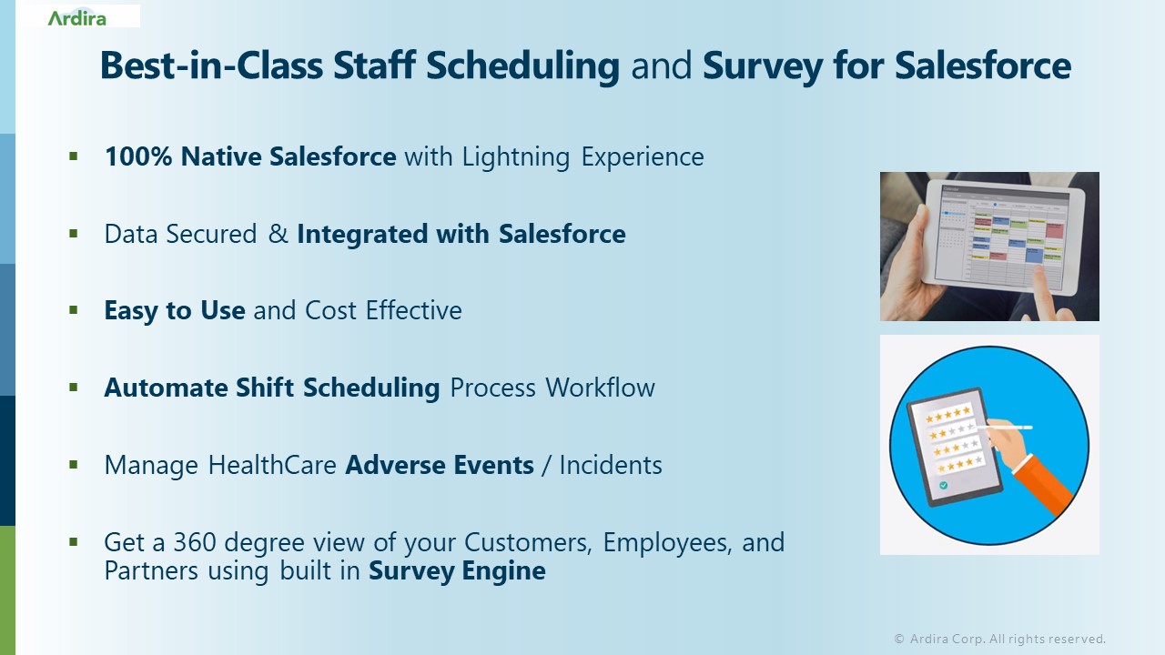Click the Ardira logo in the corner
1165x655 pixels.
pyautogui.click(x=76, y=17)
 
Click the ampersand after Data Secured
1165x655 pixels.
pyautogui.click(x=278, y=234)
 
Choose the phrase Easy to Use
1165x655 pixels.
pyautogui.click(x=175, y=311)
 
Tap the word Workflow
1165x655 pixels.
pyautogui.click(x=600, y=388)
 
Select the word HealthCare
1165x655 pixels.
pyautogui.click(x=273, y=465)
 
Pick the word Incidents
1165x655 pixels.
pyautogui.click(x=611, y=465)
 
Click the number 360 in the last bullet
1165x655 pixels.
pyautogui.click(x=194, y=542)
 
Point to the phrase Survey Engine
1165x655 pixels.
pyautogui.click(x=457, y=571)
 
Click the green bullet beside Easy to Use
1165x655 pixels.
pyautogui.click(x=74, y=310)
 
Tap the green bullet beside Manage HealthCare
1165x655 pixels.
pyautogui.click(x=74, y=464)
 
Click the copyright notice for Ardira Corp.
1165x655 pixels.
pyautogui.click(x=999, y=639)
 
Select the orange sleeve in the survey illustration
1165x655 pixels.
pyautogui.click(x=1048, y=478)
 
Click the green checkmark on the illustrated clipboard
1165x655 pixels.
pyautogui.click(x=943, y=486)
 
